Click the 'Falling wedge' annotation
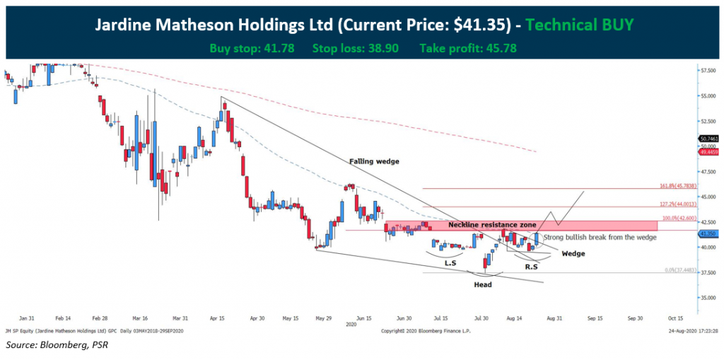coord(374,161)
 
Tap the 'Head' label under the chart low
coord(484,284)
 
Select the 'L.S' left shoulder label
coord(450,263)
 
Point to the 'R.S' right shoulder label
coord(532,267)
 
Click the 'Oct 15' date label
coord(675,318)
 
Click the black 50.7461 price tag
coord(708,139)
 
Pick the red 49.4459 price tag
coord(708,151)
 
